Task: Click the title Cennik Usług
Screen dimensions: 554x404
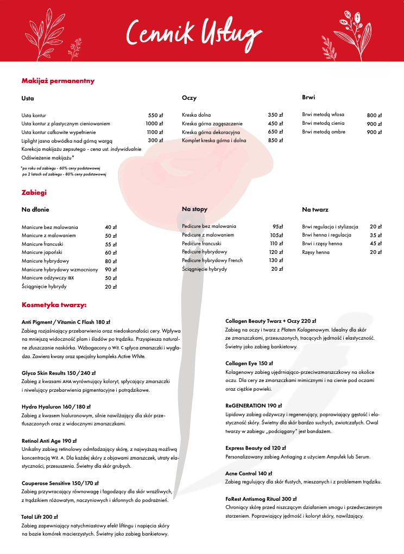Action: (x=190, y=31)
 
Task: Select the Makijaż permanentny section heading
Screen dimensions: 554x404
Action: (x=58, y=81)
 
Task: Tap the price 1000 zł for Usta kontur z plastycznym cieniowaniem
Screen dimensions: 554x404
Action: (x=154, y=124)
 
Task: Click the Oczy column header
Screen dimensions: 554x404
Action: (x=189, y=98)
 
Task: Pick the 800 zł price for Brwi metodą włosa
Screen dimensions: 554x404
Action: (x=374, y=116)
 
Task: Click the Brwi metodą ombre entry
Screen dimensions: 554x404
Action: (x=324, y=132)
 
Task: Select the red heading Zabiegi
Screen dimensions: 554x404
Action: (x=34, y=192)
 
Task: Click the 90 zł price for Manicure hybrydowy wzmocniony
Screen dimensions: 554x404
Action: (x=111, y=270)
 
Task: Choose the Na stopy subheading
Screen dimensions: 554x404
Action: (x=194, y=209)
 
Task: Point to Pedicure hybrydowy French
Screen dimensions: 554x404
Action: (x=212, y=260)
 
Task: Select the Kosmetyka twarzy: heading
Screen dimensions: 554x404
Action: (x=54, y=305)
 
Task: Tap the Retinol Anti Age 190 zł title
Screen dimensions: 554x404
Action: (x=49, y=441)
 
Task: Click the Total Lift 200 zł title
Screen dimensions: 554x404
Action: (x=40, y=517)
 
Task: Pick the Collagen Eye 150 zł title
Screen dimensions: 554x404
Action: (x=249, y=363)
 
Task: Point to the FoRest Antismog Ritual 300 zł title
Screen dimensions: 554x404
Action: (x=261, y=498)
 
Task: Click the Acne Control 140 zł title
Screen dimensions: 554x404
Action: (x=249, y=473)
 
